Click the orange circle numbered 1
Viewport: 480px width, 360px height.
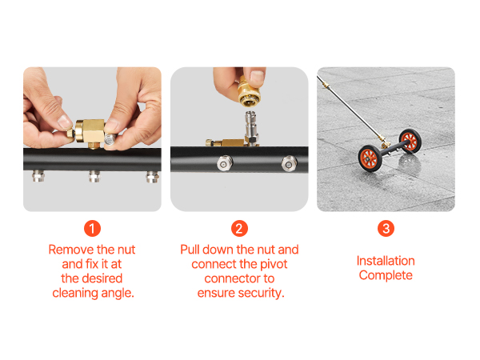pos(92,228)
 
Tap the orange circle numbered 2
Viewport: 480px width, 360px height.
pos(239,228)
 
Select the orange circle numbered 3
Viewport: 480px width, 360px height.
pos(386,228)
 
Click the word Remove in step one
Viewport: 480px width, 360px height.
pos(70,250)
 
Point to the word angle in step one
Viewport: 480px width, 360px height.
pos(118,294)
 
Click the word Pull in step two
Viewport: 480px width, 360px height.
pos(190,250)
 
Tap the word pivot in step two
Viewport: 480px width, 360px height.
pos(274,265)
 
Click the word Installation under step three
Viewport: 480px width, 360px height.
pos(386,261)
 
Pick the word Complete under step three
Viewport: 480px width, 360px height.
pos(386,275)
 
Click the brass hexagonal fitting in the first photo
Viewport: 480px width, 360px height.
pos(89,132)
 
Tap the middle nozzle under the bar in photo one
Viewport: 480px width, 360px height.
pos(94,176)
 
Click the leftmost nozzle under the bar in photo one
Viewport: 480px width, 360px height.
pos(38,176)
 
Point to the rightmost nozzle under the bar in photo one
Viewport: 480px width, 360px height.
pos(153,177)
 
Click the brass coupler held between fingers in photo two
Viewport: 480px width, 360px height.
pos(249,92)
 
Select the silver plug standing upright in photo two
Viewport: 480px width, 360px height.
pos(251,128)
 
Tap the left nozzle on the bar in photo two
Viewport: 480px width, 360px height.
pos(225,163)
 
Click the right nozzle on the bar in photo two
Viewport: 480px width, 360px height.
pos(289,163)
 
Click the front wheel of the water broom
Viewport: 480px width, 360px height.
pos(370,158)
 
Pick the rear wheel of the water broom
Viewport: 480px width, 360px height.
pos(410,141)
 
